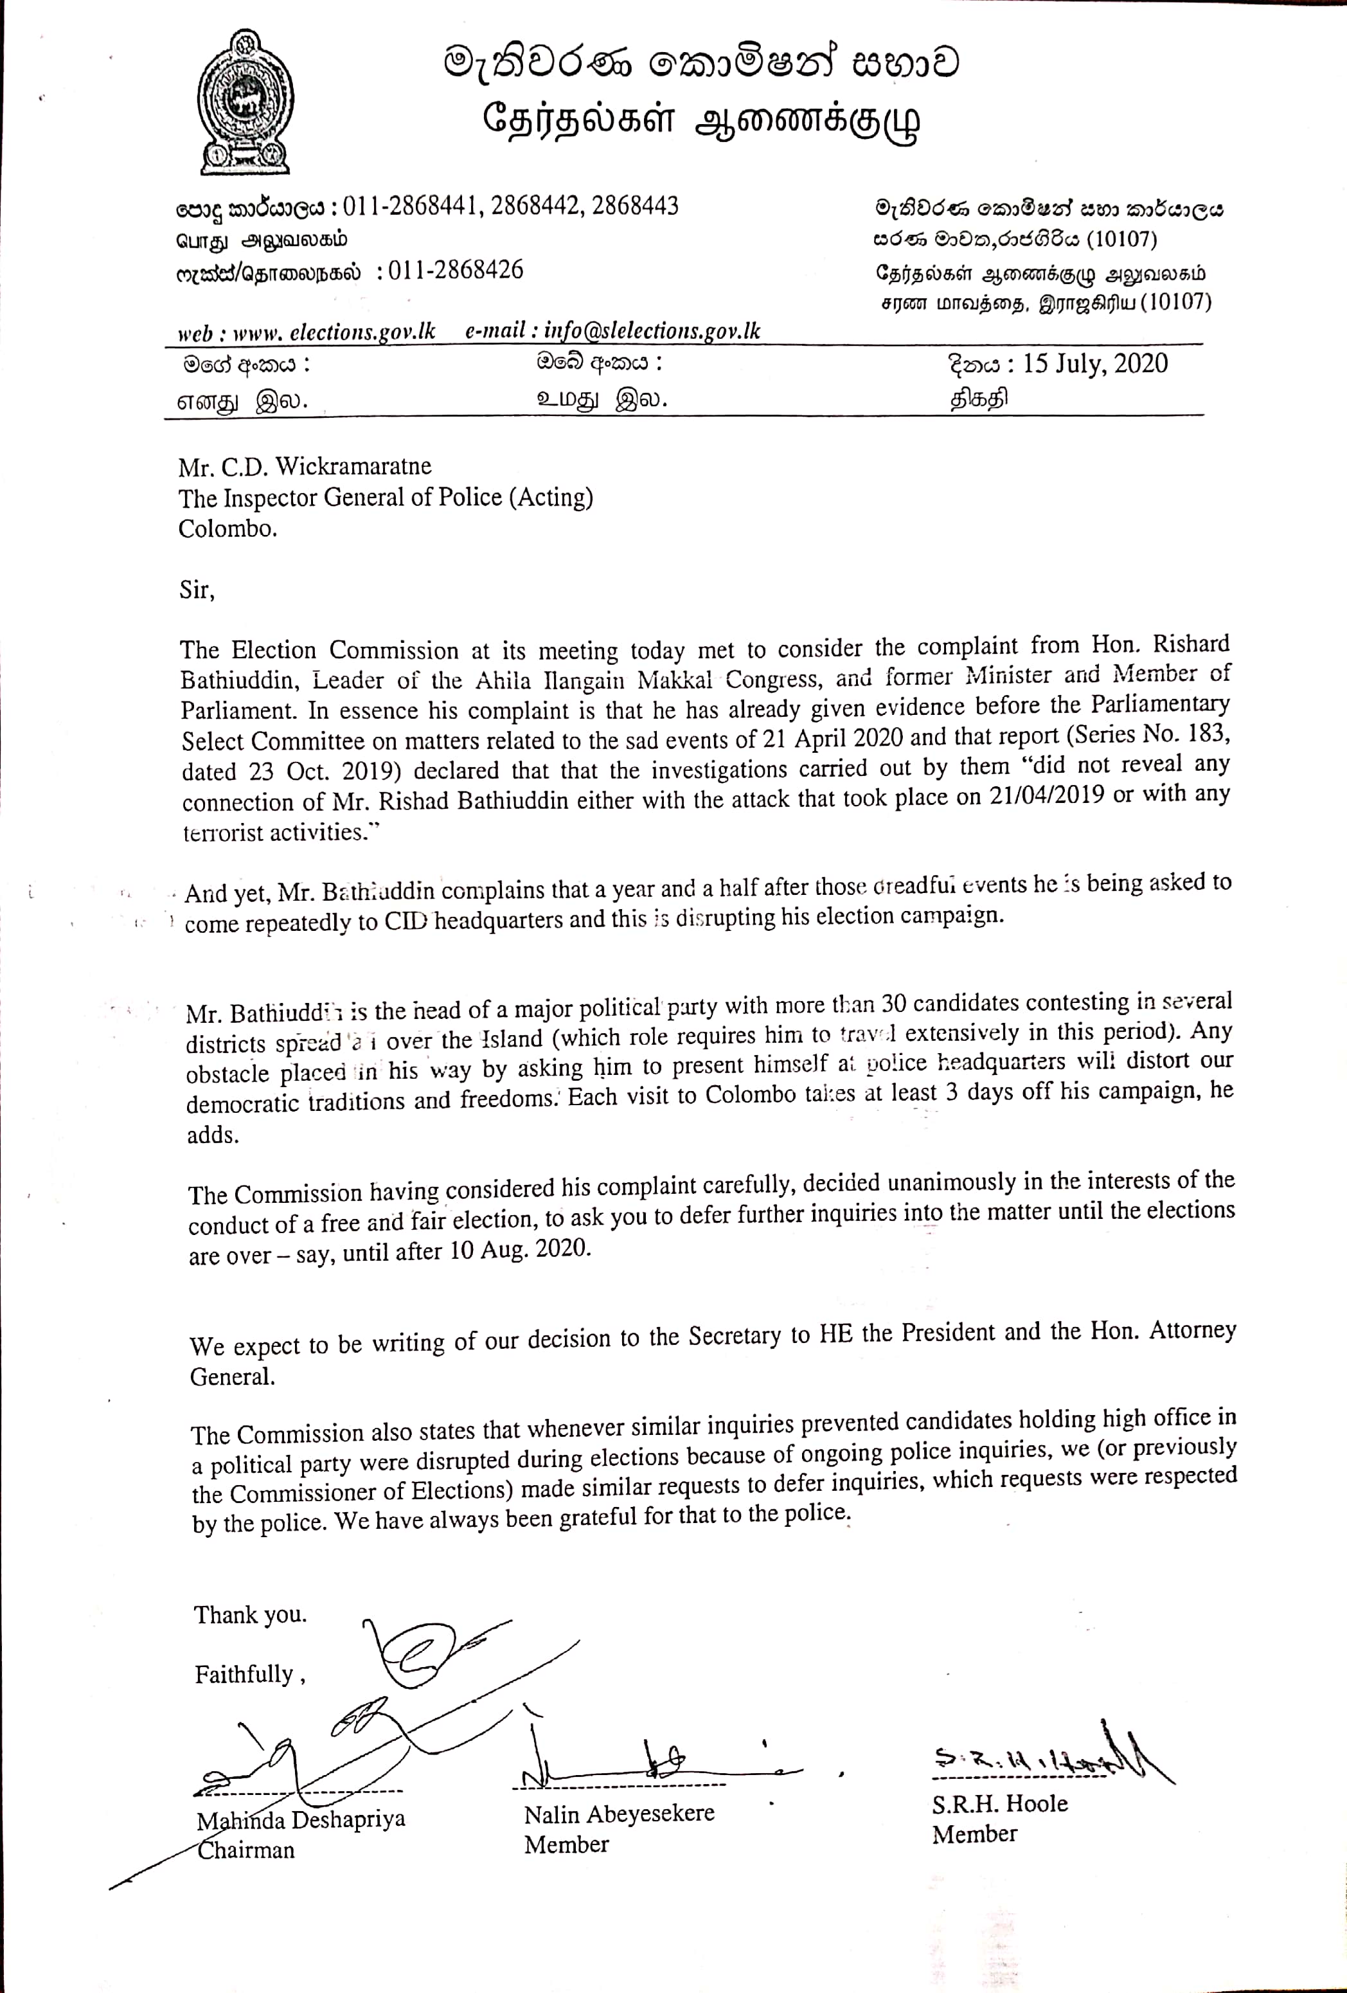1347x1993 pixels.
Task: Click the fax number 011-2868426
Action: [x=455, y=270]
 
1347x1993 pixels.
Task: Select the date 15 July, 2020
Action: [x=1095, y=364]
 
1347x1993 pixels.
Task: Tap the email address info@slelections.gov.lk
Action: [x=652, y=331]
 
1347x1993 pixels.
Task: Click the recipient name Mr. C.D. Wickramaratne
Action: [x=305, y=467]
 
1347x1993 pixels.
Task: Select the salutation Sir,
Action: [x=197, y=590]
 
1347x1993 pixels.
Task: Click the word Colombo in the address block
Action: [x=227, y=528]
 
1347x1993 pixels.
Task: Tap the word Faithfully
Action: [x=244, y=1674]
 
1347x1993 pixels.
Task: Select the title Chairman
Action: [x=246, y=1850]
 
